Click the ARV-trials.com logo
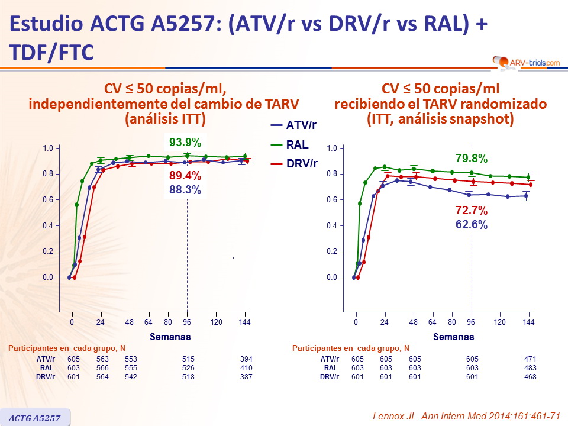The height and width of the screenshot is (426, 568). (525, 61)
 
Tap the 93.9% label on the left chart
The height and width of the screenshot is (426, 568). (185, 143)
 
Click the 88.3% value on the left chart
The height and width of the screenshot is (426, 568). (185, 190)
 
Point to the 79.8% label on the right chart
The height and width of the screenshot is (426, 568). (471, 158)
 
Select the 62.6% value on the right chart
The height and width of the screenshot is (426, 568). (471, 224)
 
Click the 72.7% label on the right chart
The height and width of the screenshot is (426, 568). (471, 210)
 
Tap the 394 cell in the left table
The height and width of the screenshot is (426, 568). (245, 359)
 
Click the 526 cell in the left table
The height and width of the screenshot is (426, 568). (188, 368)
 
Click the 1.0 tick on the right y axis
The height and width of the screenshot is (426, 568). (332, 148)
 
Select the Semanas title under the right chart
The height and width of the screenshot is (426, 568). (454, 337)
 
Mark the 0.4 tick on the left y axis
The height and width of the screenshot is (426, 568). (48, 225)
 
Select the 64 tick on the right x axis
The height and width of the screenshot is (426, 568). (433, 322)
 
